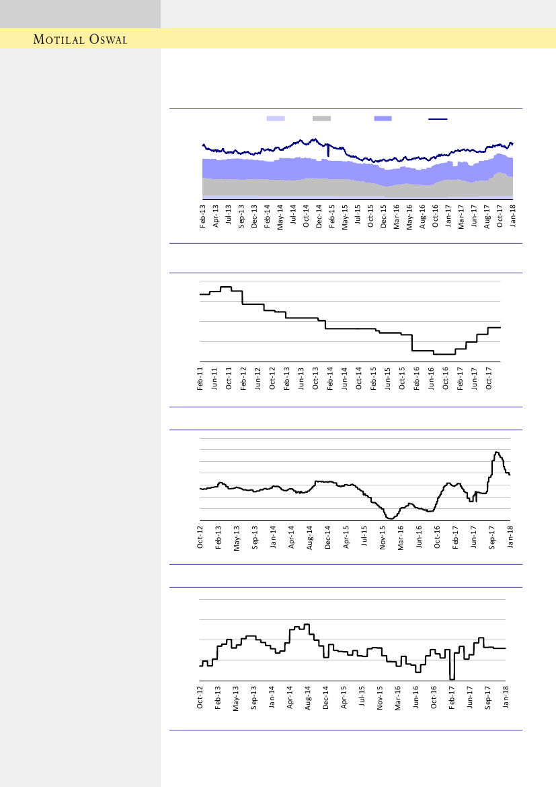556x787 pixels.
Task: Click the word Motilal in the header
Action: [59, 39]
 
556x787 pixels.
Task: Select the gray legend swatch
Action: [321, 118]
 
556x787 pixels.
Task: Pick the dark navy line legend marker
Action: [438, 118]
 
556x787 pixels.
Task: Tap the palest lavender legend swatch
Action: [276, 118]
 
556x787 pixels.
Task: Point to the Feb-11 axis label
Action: [200, 378]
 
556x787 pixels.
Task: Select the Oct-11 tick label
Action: [229, 378]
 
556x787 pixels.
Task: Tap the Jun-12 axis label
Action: [258, 378]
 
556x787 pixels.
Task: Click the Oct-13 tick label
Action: [316, 378]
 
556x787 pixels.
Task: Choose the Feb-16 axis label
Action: [418, 378]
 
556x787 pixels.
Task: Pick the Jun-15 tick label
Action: [388, 378]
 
